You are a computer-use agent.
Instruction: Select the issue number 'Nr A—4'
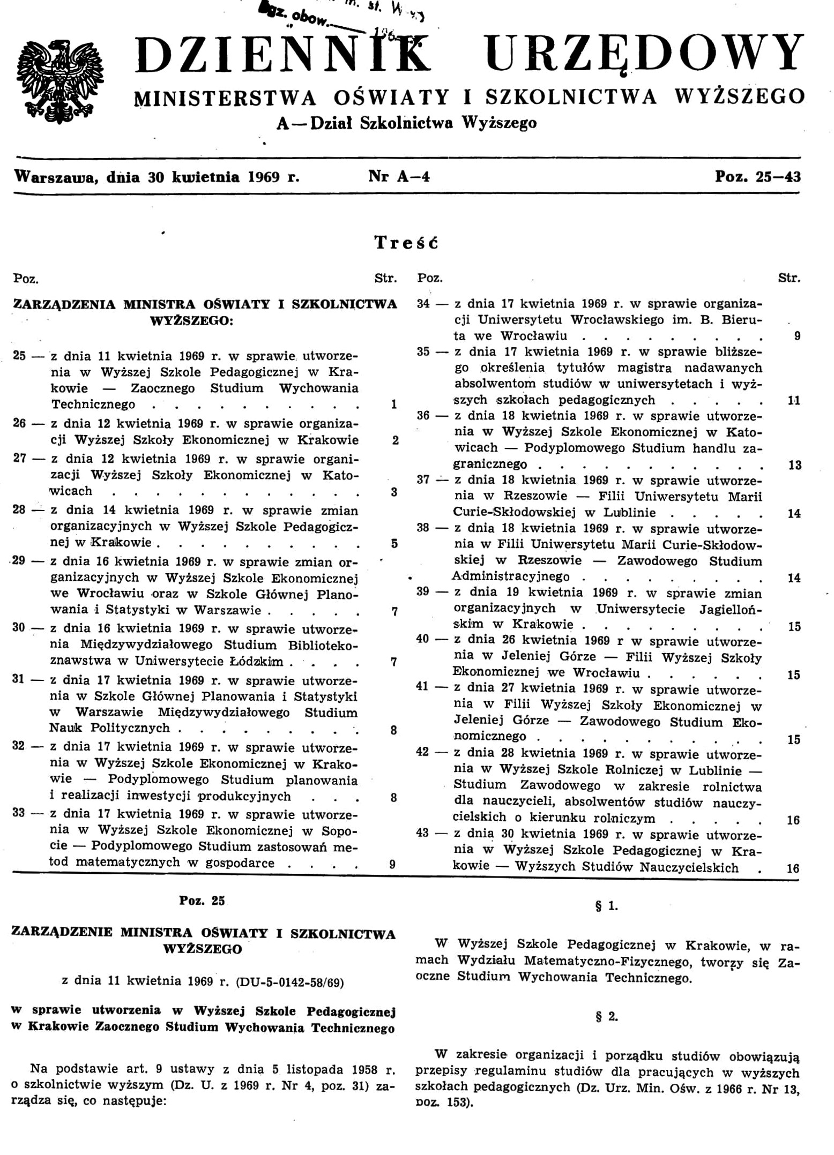399,176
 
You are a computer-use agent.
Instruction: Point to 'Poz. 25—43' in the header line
758,176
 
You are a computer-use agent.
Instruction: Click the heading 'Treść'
406,243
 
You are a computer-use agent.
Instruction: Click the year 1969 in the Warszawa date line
264,177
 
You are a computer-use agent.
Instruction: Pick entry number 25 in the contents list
20,356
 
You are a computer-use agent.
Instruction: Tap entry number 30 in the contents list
19,627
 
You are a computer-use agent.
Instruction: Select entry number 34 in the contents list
423,304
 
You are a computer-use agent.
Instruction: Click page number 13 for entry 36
794,465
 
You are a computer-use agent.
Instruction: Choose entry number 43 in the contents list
423,833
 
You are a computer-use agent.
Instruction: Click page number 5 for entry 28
394,543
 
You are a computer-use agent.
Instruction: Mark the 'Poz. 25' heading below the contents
202,900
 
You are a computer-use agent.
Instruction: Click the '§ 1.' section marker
607,906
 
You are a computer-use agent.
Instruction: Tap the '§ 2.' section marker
607,1016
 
